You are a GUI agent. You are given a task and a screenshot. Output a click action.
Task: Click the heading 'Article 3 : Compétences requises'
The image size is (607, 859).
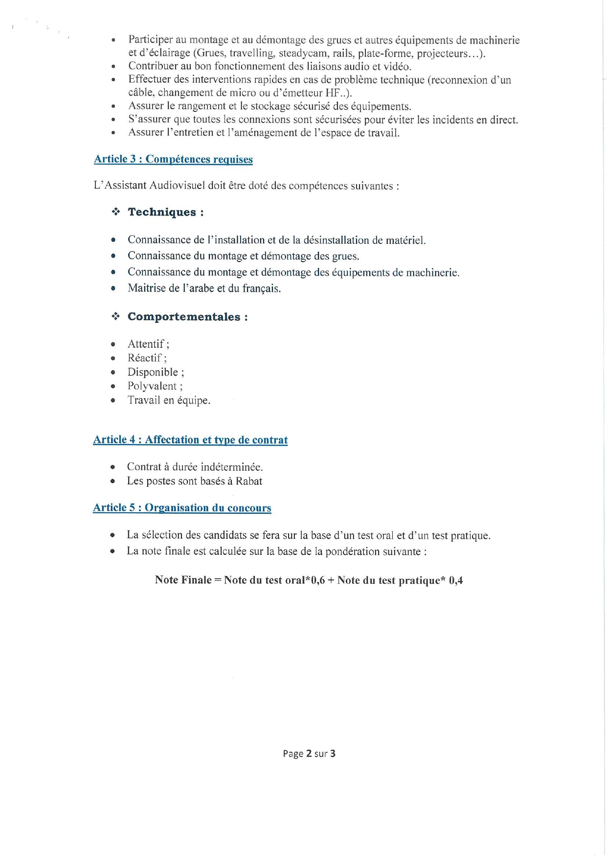point(173,159)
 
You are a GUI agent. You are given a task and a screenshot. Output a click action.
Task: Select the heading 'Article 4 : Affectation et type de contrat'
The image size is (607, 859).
point(190,440)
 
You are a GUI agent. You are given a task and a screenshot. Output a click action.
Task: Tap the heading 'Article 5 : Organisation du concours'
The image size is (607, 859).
point(182,508)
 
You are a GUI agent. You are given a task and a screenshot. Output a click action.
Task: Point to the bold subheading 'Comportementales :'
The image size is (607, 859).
point(187,317)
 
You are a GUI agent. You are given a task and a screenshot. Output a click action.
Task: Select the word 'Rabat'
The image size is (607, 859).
point(249,481)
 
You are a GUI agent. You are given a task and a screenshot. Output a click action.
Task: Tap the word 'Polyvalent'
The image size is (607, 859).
point(152,386)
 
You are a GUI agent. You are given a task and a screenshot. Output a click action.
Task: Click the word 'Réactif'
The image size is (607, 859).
point(144,358)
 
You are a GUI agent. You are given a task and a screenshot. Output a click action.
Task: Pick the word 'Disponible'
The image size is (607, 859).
point(153,372)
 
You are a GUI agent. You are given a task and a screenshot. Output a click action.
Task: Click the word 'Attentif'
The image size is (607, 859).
point(146,344)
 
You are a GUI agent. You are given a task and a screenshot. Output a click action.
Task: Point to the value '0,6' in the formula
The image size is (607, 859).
point(318,580)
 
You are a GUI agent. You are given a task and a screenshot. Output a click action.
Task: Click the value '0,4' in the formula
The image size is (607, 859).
point(456,580)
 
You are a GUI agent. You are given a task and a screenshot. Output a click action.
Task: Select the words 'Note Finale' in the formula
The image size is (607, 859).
point(183,580)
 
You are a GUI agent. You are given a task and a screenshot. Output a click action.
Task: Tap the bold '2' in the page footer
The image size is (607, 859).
point(309,754)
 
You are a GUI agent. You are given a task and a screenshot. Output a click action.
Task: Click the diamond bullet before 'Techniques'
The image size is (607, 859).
point(116,212)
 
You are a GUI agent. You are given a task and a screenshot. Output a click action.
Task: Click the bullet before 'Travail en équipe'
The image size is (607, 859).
point(113,401)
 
